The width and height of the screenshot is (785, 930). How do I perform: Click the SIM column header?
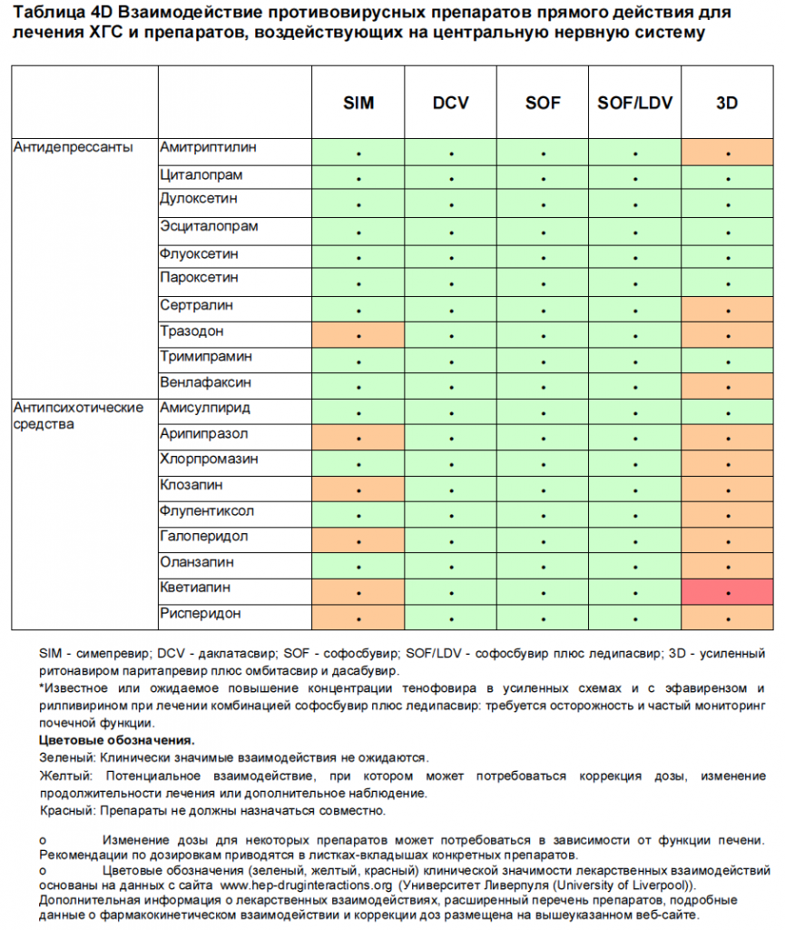(358, 103)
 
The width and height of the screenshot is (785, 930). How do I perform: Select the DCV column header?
(451, 103)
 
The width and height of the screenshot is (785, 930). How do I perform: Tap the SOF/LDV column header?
(635, 103)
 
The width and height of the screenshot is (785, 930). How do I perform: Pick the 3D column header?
(727, 103)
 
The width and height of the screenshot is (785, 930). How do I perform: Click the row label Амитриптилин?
(208, 147)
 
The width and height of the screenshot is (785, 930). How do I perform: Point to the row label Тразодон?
(191, 331)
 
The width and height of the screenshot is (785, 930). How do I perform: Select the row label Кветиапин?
(195, 588)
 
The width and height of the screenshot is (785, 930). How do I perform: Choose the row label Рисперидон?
(201, 614)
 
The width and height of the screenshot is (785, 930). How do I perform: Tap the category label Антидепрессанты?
(73, 147)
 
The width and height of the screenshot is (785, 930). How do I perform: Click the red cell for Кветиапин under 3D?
(728, 591)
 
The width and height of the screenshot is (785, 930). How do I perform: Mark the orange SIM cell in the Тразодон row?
(358, 334)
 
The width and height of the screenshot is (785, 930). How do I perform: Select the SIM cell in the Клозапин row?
(358, 489)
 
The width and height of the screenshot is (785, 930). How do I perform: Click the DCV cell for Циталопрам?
(451, 179)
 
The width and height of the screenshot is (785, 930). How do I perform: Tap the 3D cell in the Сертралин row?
(728, 309)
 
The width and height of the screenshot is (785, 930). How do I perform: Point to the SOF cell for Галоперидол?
(543, 540)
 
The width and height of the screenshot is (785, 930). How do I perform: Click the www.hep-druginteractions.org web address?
(306, 884)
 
